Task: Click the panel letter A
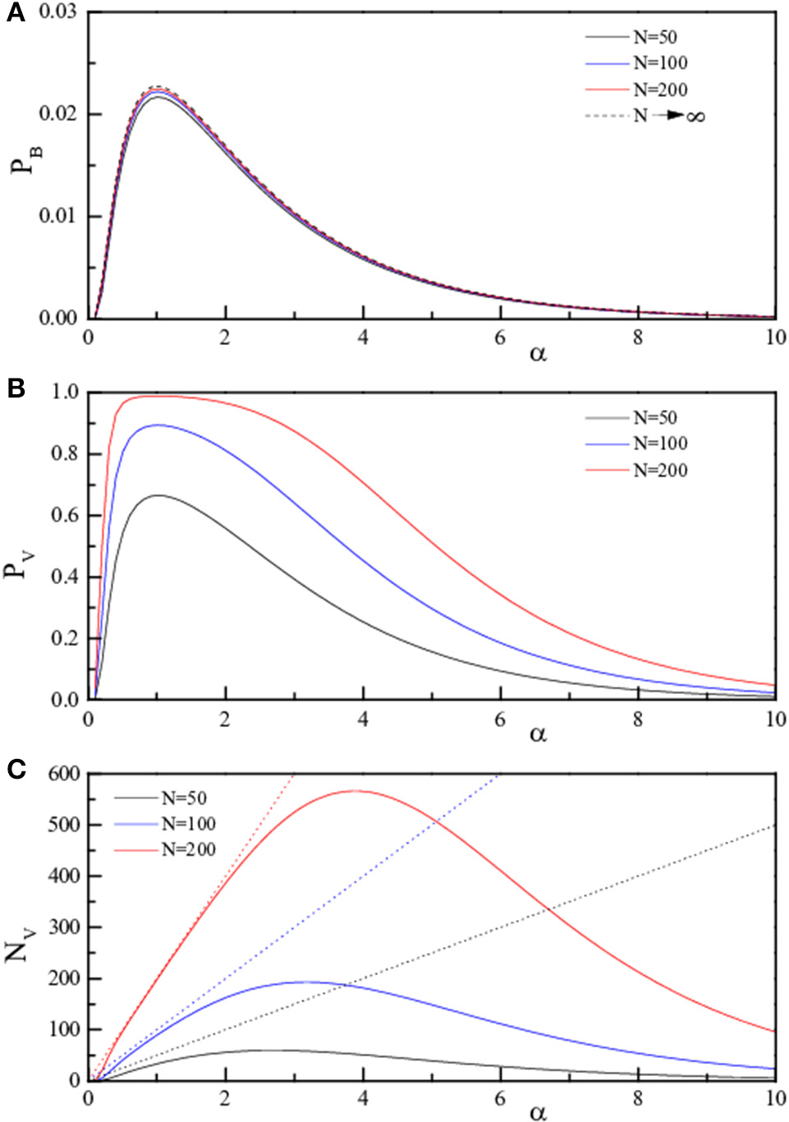coord(15,13)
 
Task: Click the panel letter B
coord(15,389)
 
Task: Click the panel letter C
coord(15,769)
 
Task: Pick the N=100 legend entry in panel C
coord(188,824)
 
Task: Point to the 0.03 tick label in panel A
coord(57,12)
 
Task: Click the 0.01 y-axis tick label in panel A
coord(57,216)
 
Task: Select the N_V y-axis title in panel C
coord(21,940)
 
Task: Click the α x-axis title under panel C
coord(538,1112)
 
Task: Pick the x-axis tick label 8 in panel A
coord(638,338)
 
